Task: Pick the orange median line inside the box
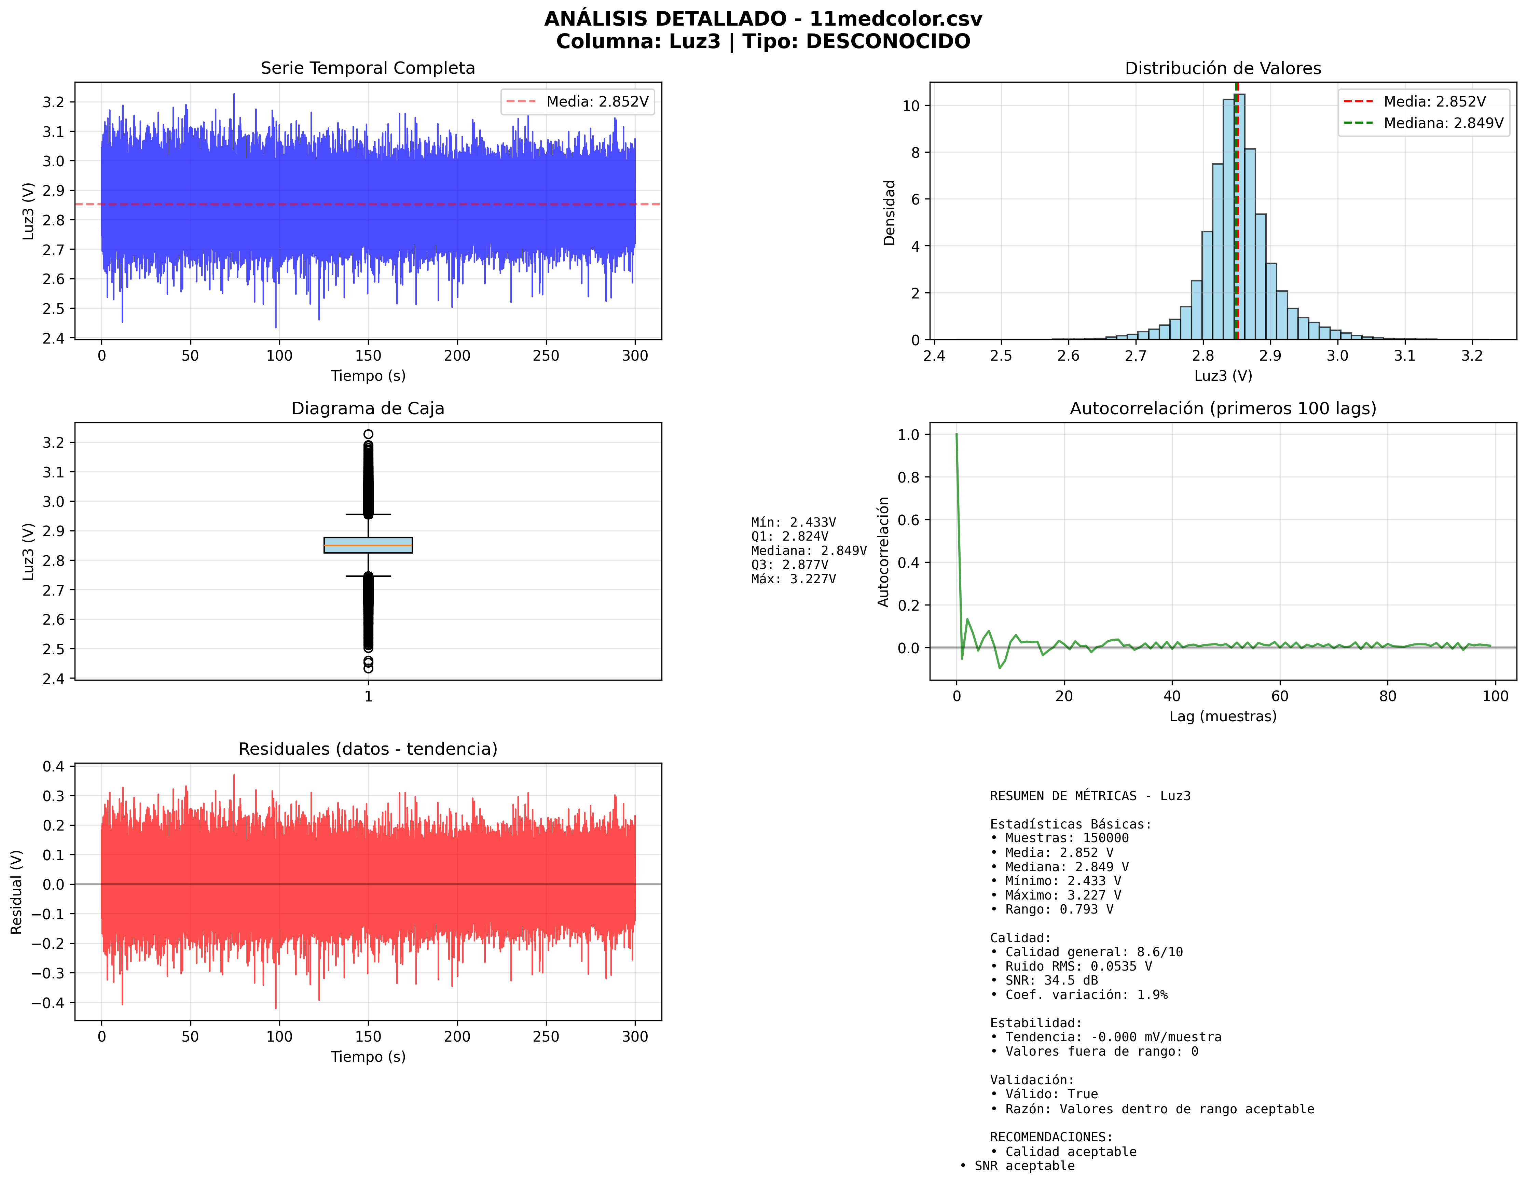[x=368, y=545]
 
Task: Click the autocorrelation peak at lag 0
[x=956, y=435]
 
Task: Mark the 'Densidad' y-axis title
[x=889, y=212]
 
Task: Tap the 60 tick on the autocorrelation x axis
[x=1280, y=696]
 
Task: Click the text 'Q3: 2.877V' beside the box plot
[x=789, y=565]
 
